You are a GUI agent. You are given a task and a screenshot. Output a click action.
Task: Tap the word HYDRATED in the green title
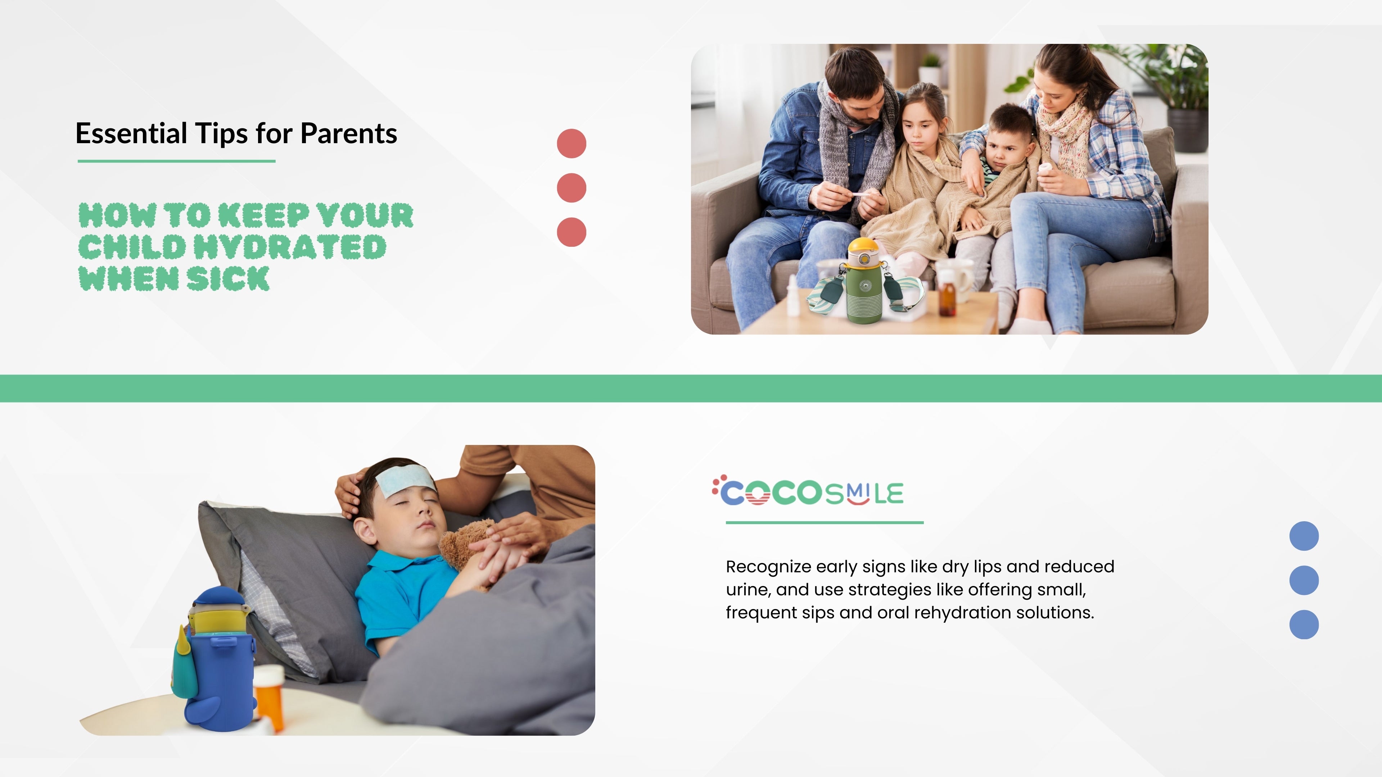point(290,247)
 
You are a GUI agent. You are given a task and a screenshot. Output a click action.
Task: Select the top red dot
point(572,144)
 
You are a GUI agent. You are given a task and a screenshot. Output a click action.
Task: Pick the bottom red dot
point(572,232)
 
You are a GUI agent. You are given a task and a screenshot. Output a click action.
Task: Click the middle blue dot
point(1304,580)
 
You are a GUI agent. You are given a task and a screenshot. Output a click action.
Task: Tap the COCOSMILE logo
point(808,491)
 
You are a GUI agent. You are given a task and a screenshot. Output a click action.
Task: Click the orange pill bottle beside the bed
point(269,694)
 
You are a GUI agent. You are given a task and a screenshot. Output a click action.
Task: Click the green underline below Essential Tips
point(176,161)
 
